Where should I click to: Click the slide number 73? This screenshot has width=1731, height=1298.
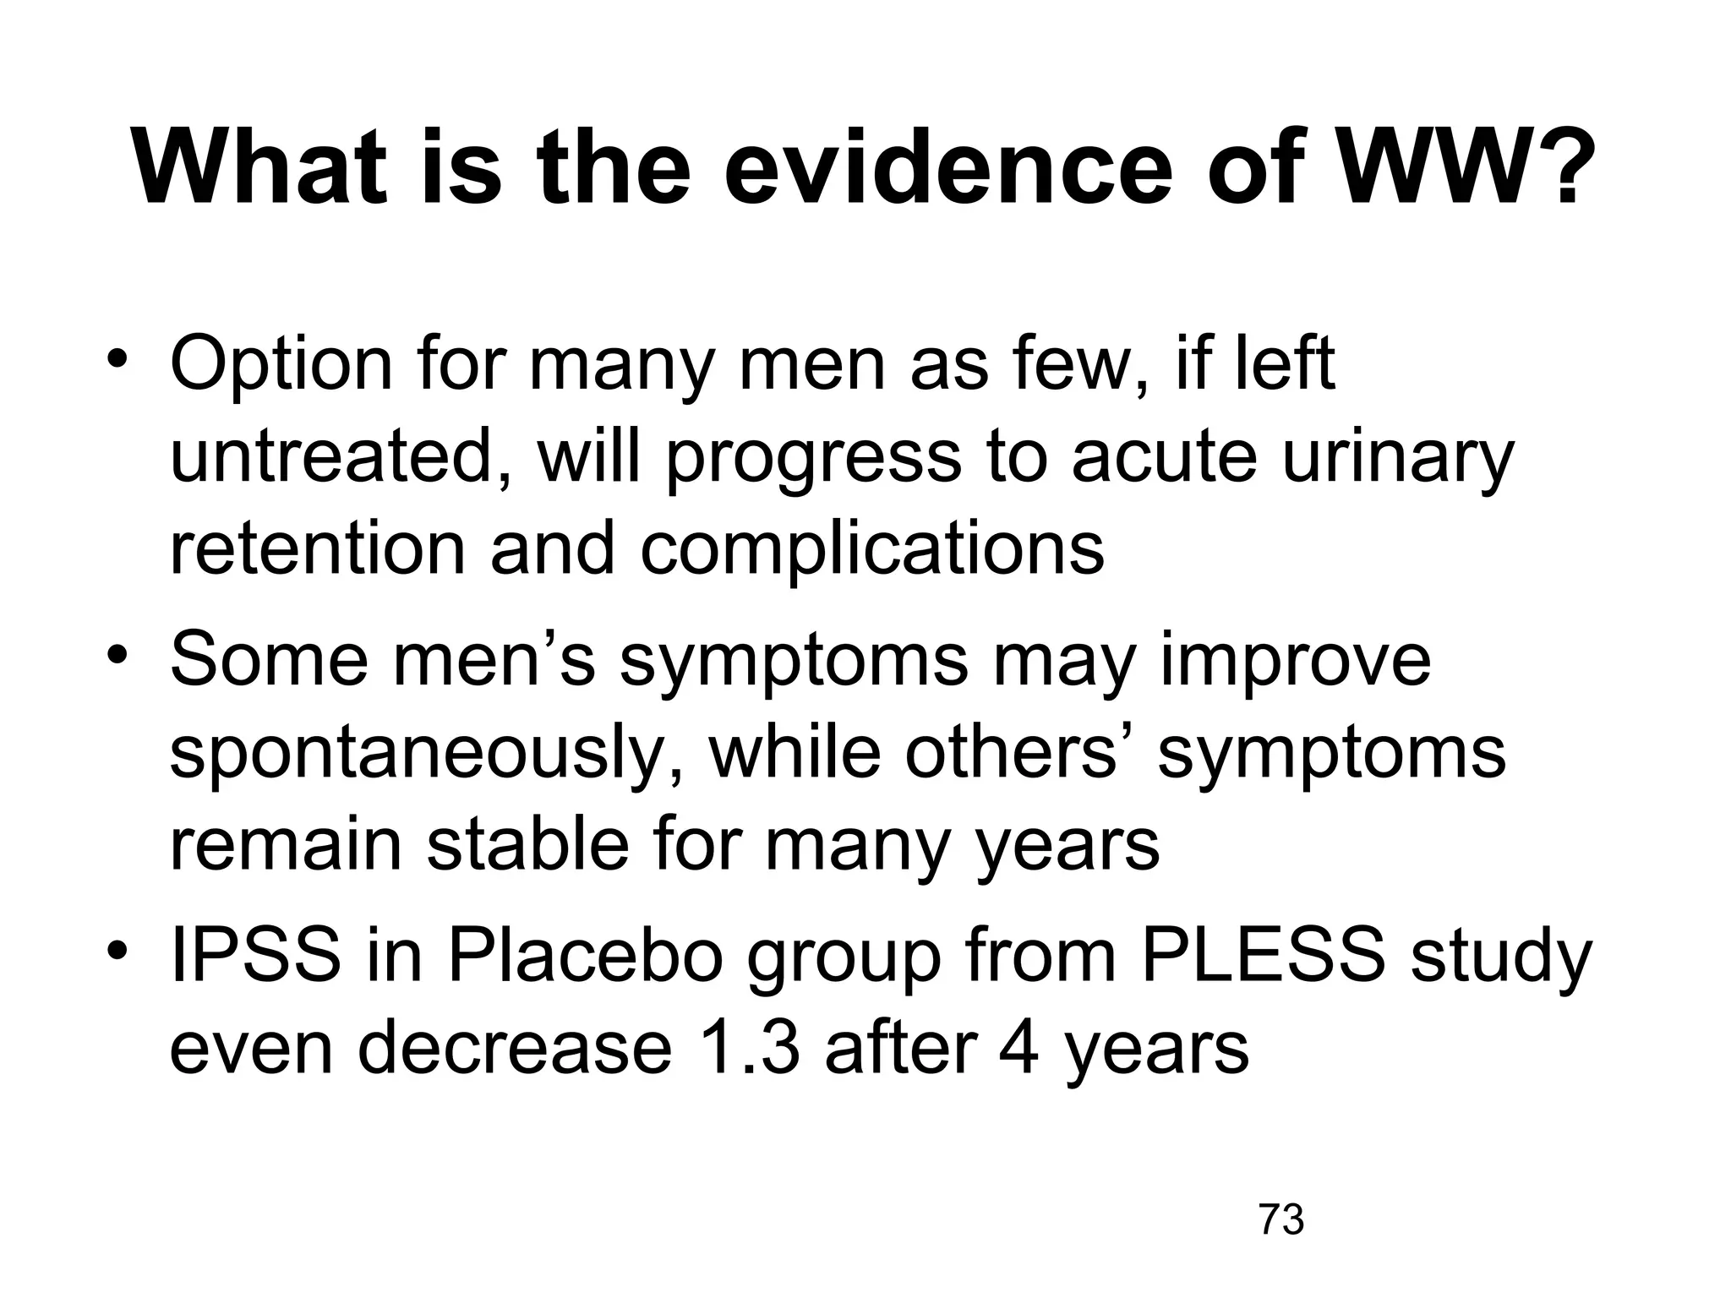(x=1281, y=1220)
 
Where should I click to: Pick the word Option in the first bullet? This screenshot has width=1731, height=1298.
(x=281, y=365)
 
